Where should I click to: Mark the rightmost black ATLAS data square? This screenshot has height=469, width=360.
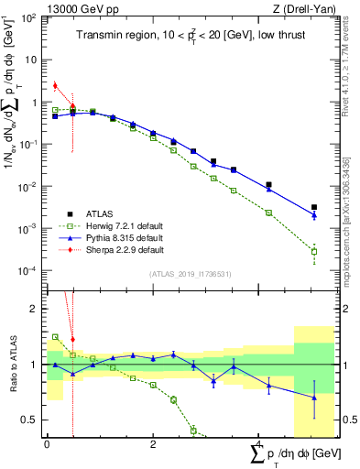point(314,208)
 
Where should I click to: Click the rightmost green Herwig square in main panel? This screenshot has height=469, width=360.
point(314,252)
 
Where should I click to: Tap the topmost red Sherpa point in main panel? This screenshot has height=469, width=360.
point(55,86)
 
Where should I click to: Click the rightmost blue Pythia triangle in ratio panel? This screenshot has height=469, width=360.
point(314,398)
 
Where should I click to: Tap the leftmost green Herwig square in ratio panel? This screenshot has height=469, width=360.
point(55,337)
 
